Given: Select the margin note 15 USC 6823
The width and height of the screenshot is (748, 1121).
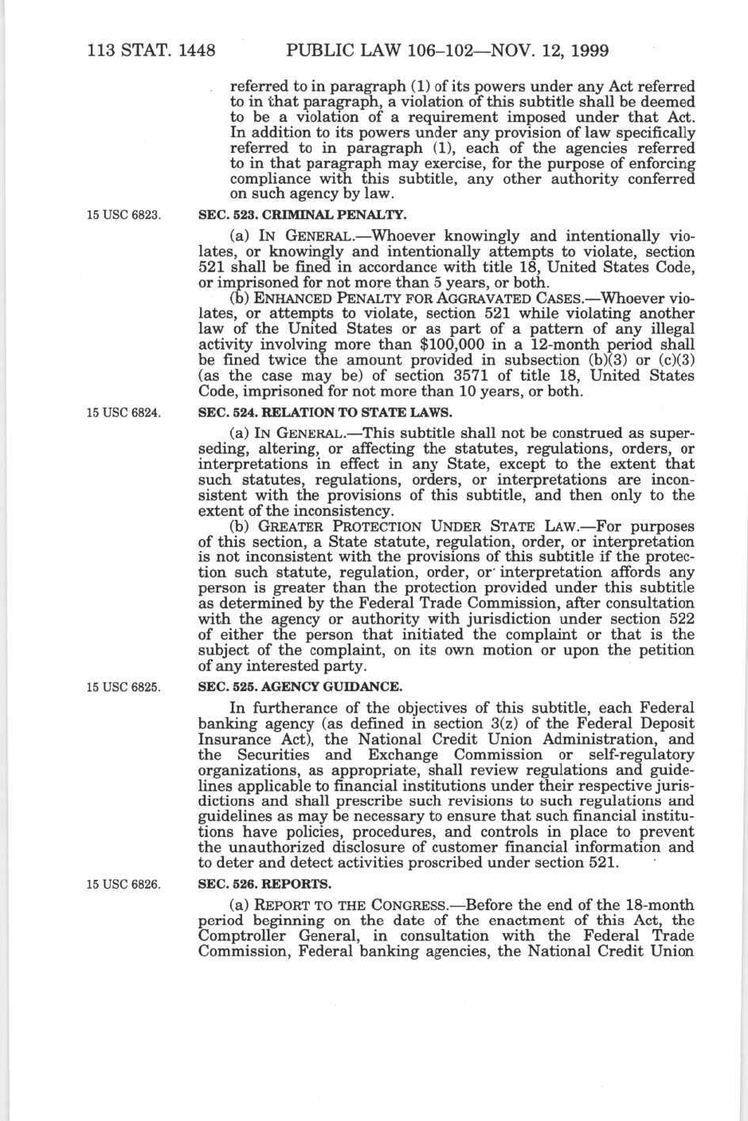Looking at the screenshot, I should (x=124, y=215).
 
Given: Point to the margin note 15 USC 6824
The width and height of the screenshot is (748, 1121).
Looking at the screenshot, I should (x=124, y=412).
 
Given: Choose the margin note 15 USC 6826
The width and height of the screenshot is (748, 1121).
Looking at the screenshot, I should (x=124, y=885).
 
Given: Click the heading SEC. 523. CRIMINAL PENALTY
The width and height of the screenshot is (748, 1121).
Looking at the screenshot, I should (x=302, y=215).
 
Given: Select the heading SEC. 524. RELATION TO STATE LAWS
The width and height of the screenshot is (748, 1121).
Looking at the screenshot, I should (x=324, y=412).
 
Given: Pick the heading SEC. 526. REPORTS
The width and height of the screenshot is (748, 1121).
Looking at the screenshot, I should (x=264, y=885).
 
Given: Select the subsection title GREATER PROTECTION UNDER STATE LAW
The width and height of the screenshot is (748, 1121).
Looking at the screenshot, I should (x=421, y=526).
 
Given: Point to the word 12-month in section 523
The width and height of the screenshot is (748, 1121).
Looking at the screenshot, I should (x=552, y=345).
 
